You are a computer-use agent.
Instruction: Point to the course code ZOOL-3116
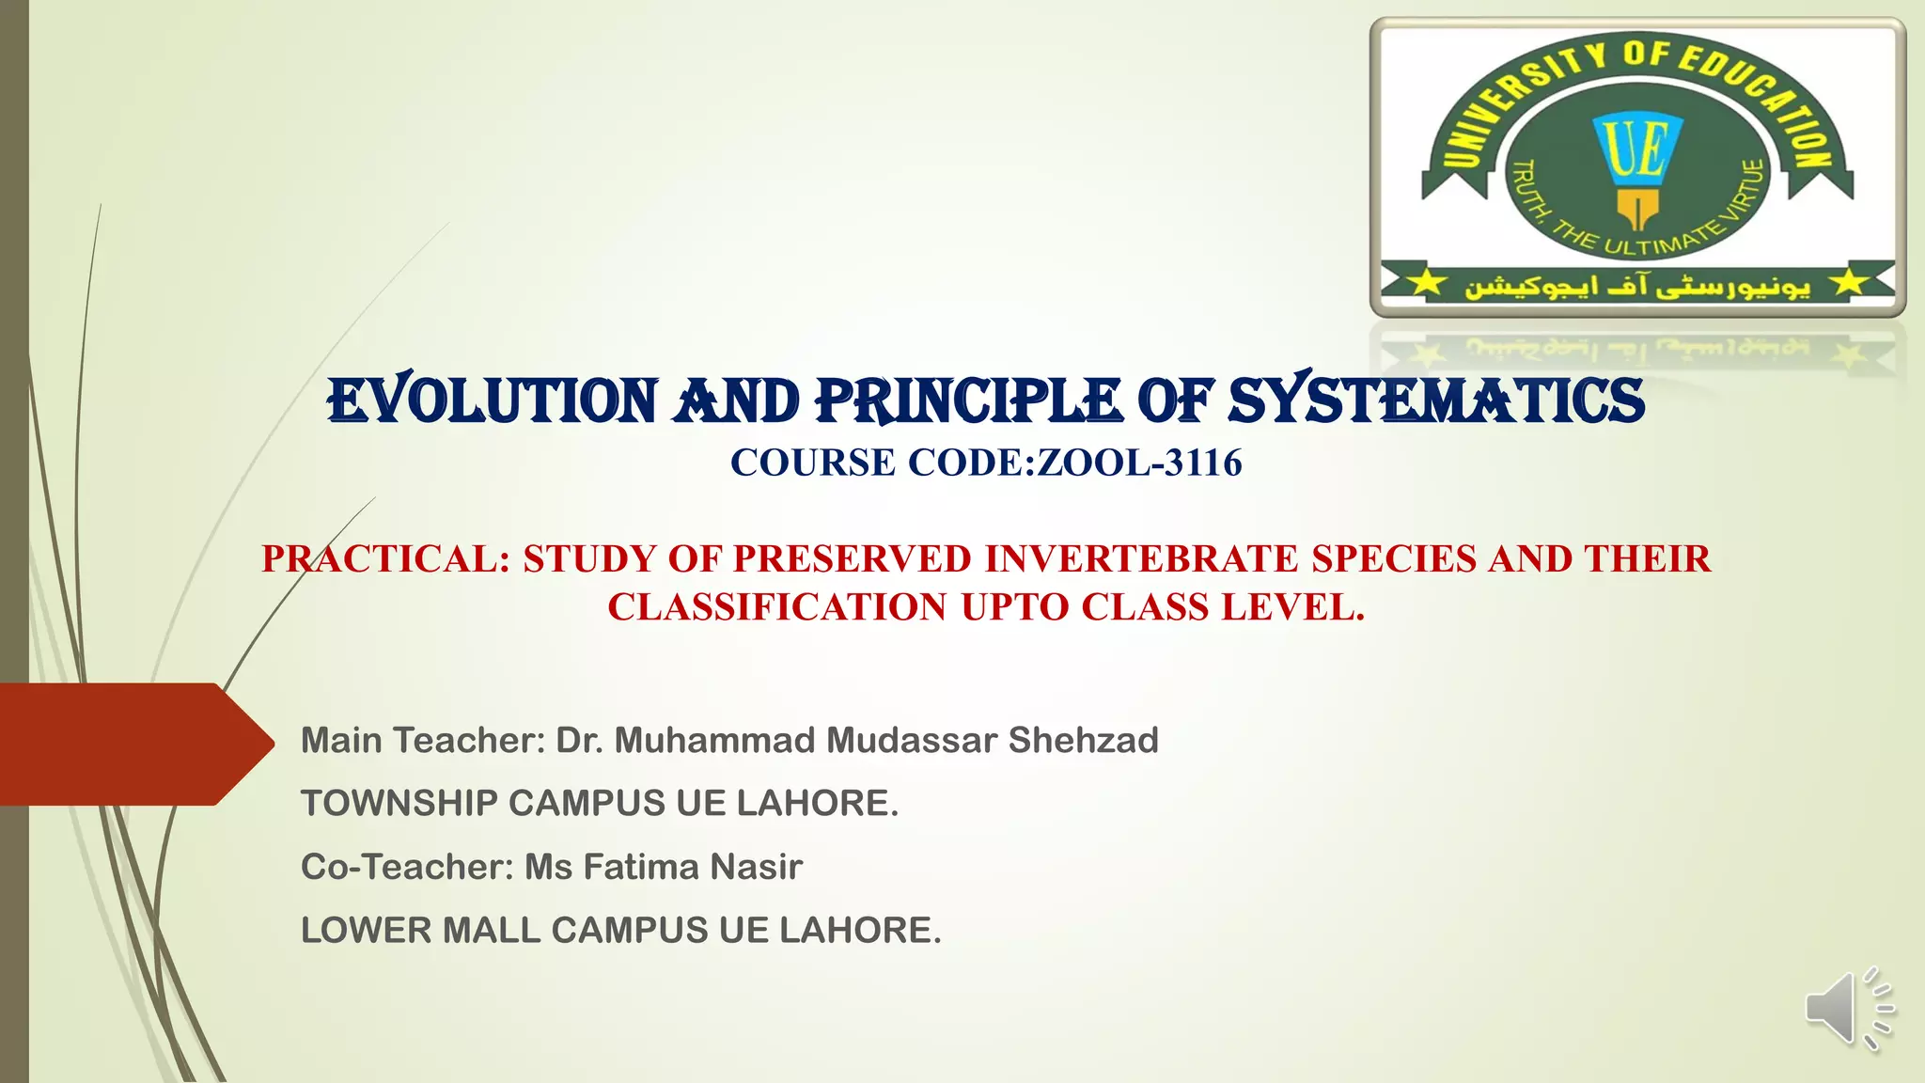point(1139,463)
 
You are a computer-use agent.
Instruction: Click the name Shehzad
point(1083,741)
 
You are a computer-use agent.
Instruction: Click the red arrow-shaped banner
point(132,744)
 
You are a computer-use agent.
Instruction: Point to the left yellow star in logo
point(1426,282)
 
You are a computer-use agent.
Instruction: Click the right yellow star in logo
point(1849,282)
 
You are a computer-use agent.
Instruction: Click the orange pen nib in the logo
point(1637,208)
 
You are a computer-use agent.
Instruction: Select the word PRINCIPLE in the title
point(968,401)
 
